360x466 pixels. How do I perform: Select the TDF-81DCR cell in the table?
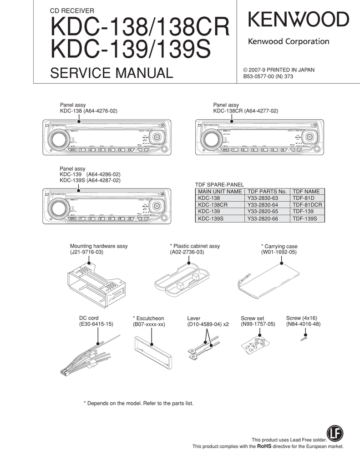pos(307,205)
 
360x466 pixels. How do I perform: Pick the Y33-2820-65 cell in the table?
pos(263,212)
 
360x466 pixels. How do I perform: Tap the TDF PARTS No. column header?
pos(267,192)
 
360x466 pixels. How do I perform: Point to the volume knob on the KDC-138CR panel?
pos(210,137)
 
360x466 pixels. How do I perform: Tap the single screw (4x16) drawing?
pos(304,337)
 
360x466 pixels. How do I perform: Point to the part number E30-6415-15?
pos(96,324)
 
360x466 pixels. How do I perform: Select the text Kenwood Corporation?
pos(288,42)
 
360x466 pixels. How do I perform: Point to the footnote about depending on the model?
pos(139,403)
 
